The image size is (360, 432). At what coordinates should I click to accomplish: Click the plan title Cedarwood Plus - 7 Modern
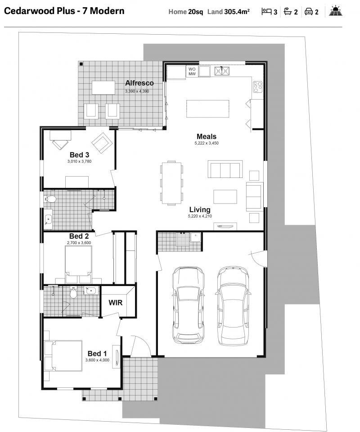point(64,11)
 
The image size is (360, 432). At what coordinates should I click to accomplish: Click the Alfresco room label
point(139,83)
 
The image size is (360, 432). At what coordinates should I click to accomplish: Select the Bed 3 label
point(79,155)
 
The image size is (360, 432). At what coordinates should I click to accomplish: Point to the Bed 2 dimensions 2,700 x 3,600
point(79,243)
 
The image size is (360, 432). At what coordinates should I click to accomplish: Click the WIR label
point(116,302)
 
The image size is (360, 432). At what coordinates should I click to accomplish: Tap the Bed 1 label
point(97,354)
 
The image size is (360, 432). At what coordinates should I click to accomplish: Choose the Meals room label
point(206,136)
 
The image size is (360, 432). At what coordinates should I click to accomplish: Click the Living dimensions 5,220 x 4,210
point(200,216)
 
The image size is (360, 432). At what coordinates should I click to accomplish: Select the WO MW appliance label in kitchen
point(192,71)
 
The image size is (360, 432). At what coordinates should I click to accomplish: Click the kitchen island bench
point(207,108)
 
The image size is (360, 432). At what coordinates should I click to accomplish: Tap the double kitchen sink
point(221,70)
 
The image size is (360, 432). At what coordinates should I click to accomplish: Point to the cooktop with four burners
point(257,86)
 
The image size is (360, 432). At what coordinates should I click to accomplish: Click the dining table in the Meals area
point(172,183)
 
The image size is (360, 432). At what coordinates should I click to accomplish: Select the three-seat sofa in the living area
point(225,169)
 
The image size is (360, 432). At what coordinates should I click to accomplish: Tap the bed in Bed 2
point(79,261)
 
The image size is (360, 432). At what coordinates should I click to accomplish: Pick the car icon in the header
point(309,12)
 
